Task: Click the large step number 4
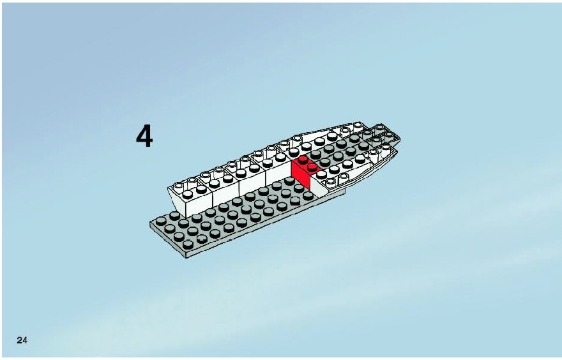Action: coord(144,136)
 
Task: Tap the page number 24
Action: coord(22,340)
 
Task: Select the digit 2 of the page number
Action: coord(19,340)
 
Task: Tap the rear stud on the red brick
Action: coord(303,160)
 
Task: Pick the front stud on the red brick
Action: coord(312,167)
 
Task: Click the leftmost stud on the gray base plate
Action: coord(161,221)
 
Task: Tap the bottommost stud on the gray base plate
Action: coord(188,244)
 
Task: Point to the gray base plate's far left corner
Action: coord(150,222)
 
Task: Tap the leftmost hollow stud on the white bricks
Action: coord(178,186)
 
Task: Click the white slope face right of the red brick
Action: coord(317,186)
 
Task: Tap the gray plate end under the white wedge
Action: coord(335,193)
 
